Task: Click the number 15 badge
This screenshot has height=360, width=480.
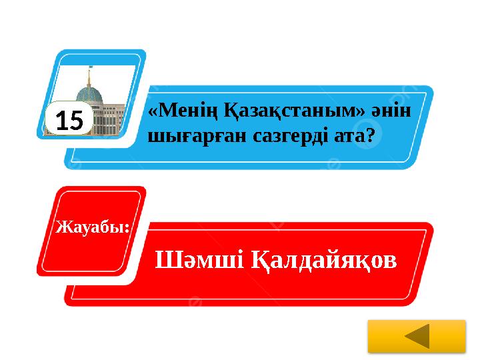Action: pos(69,121)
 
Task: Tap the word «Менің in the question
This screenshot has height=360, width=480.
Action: pos(176,110)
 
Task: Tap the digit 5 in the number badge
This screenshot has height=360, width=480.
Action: pos(77,121)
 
